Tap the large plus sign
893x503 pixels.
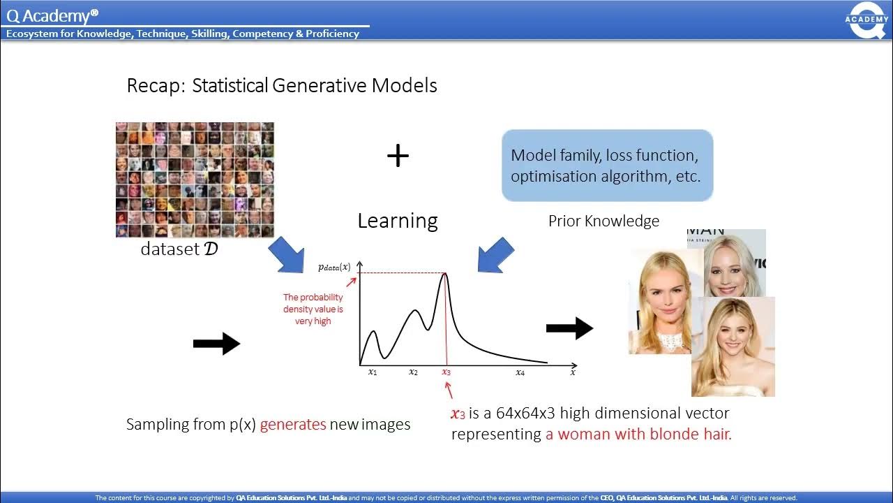tap(398, 156)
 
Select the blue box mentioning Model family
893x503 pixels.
tap(607, 166)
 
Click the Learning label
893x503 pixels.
tap(397, 221)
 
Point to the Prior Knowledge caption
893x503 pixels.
tap(603, 221)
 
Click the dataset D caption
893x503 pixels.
tap(179, 249)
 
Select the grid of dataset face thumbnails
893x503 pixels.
tap(195, 180)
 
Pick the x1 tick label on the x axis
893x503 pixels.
tap(373, 372)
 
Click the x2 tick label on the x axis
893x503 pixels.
tap(413, 372)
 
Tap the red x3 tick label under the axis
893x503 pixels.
tap(446, 372)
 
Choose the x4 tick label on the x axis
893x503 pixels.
tap(520, 372)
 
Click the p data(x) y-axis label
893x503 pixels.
tap(334, 267)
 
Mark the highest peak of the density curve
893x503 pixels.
tap(445, 274)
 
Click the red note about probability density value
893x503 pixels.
tap(313, 309)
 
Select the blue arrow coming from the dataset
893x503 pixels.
tap(287, 255)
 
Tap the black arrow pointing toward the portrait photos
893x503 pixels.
tap(569, 328)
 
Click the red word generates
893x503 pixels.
tap(293, 424)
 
